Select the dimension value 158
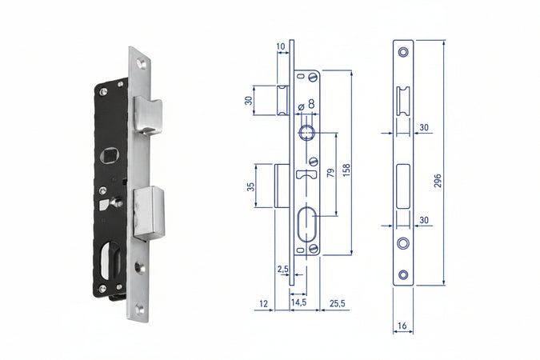pos(346,170)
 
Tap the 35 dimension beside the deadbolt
pos(250,186)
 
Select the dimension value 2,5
pos(282,269)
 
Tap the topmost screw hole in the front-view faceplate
pos(403,52)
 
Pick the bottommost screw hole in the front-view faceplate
pos(403,274)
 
